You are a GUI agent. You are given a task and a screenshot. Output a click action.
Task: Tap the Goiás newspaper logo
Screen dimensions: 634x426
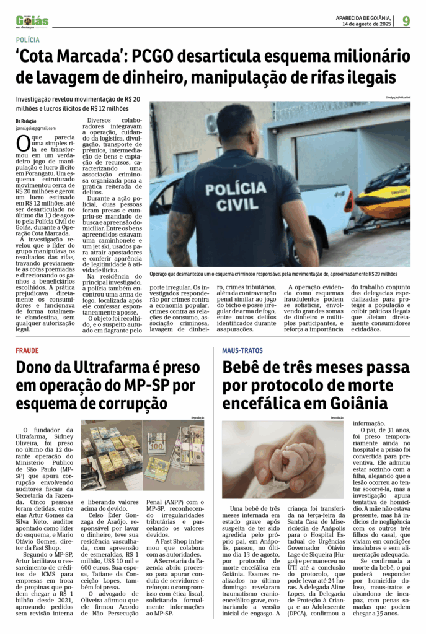pos(32,21)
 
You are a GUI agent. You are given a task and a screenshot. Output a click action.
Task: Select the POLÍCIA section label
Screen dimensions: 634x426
pos(29,40)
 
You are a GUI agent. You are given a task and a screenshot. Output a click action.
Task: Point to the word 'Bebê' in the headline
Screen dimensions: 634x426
pos(250,368)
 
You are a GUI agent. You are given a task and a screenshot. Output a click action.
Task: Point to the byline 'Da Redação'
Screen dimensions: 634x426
pos(26,121)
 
